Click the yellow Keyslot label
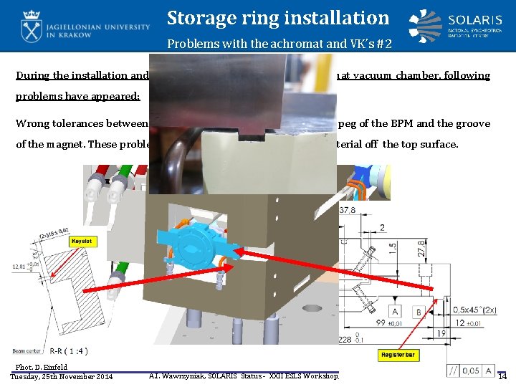click(82, 242)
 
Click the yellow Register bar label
click(398, 355)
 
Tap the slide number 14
click(502, 376)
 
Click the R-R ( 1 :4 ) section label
click(69, 351)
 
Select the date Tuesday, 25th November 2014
click(62, 377)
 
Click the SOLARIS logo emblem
click(426, 26)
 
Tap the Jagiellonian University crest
click(32, 27)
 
